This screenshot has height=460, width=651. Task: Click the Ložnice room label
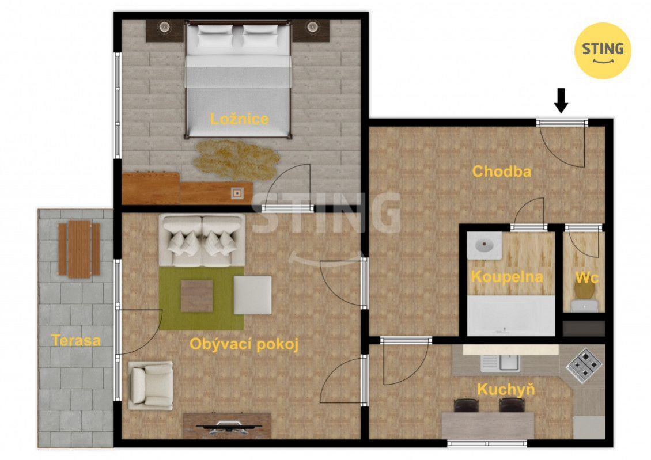[x=240, y=119]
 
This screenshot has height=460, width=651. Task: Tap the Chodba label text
[x=502, y=172]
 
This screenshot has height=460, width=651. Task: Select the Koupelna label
[x=507, y=277]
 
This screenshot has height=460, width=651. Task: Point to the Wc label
[x=587, y=277]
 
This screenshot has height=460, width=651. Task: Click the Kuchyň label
[x=506, y=389]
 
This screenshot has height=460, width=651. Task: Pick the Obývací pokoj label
[x=244, y=344]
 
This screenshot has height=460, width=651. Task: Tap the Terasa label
[x=76, y=341]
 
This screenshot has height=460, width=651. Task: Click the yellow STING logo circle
[x=603, y=51]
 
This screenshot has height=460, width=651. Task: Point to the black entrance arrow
[x=561, y=100]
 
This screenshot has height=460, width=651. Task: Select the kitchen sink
[x=500, y=363]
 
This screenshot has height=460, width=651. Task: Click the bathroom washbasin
[x=484, y=246]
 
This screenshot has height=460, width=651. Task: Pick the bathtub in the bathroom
[x=510, y=315]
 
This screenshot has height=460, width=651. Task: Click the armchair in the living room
[x=150, y=385]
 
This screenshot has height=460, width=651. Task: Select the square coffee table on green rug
[x=197, y=296]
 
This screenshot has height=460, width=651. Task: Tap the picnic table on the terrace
[x=79, y=249]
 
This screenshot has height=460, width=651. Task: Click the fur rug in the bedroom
[x=236, y=160]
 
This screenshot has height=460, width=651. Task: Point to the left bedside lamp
[x=164, y=28]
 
